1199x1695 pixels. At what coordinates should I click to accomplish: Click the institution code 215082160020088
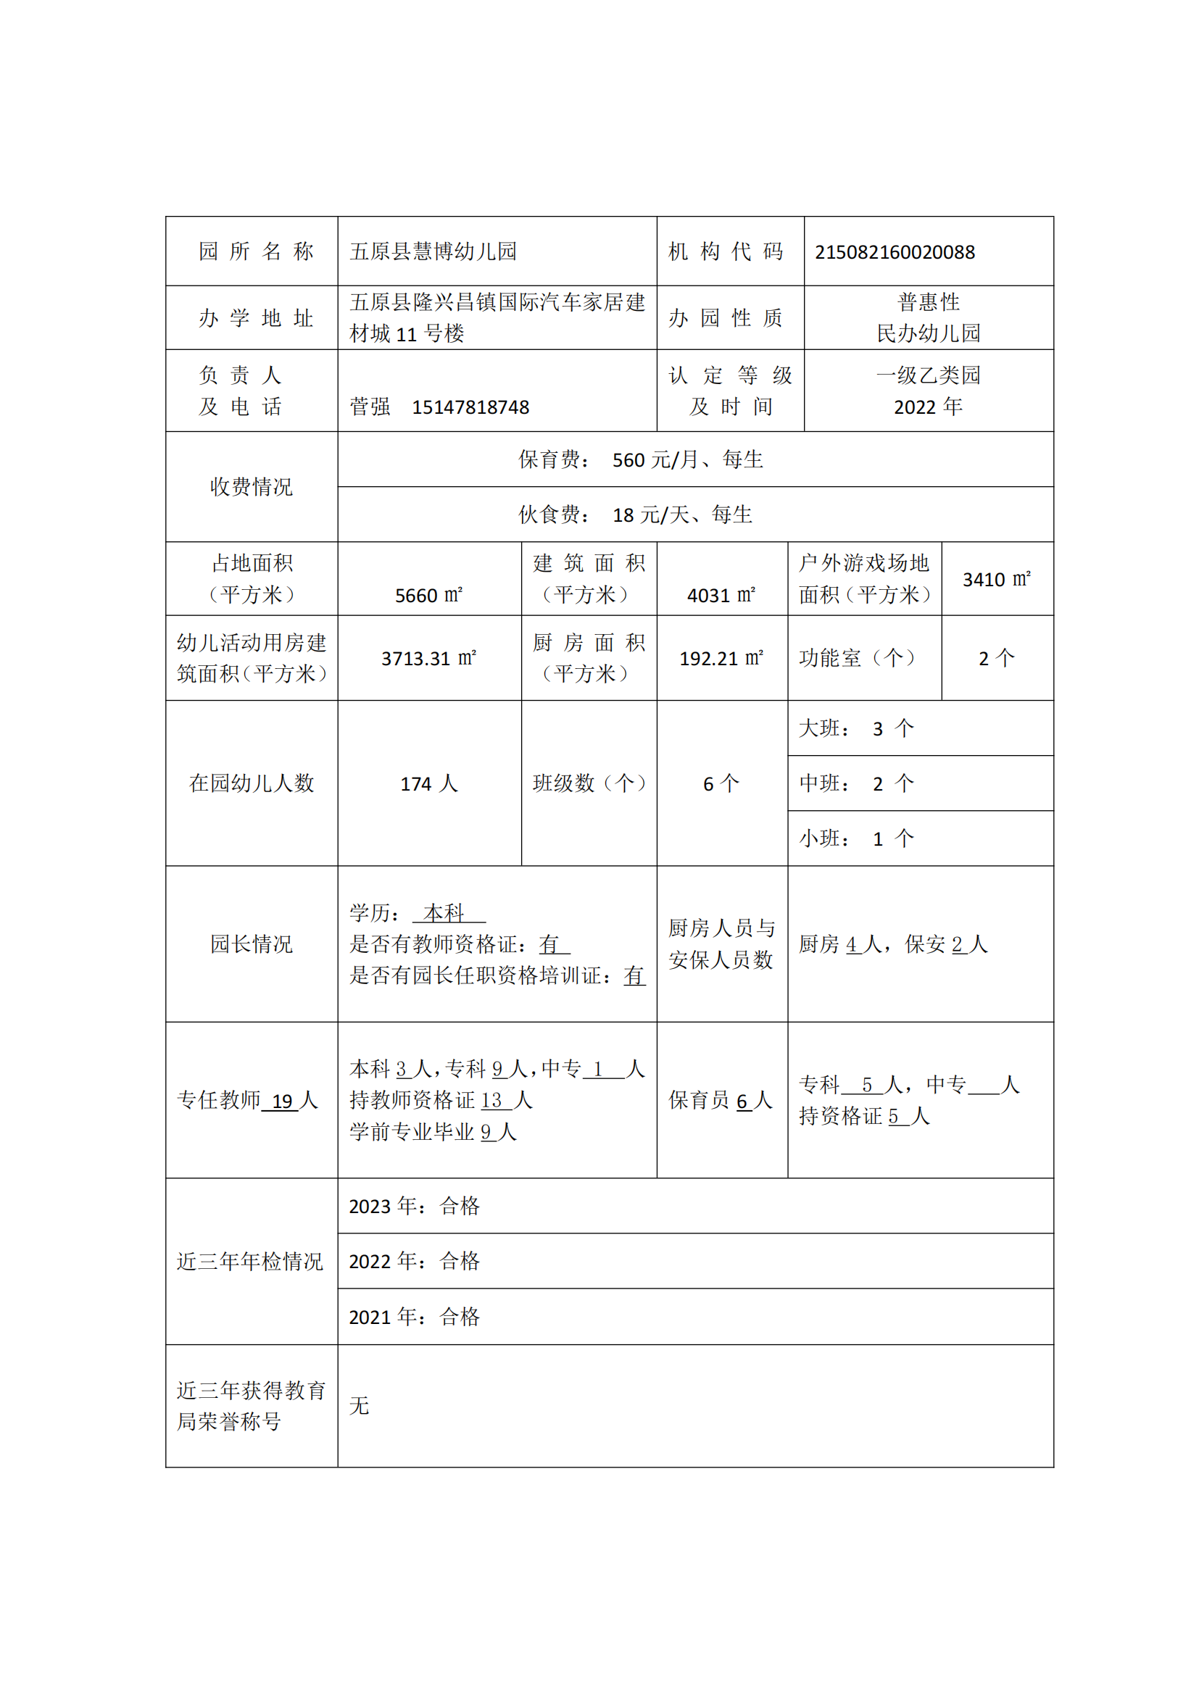pyautogui.click(x=894, y=252)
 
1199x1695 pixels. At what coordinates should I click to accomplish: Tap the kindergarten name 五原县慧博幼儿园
pyautogui.click(x=433, y=251)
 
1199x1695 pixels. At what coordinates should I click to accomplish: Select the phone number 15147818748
pyautogui.click(x=470, y=407)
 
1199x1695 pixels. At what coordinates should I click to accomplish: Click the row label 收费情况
pyautogui.click(x=251, y=487)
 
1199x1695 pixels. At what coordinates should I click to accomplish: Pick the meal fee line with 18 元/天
pyautogui.click(x=635, y=515)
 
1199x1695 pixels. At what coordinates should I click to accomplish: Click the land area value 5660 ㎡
pyautogui.click(x=428, y=595)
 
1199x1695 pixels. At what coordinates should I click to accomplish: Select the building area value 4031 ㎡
pyautogui.click(x=721, y=595)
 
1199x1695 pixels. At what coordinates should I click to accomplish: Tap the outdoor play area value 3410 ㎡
pyautogui.click(x=996, y=580)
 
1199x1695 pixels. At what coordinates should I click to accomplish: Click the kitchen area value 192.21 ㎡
pyautogui.click(x=721, y=659)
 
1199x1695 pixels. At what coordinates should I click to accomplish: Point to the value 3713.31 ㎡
pyautogui.click(x=428, y=659)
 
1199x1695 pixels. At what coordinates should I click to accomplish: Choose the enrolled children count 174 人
pyautogui.click(x=428, y=784)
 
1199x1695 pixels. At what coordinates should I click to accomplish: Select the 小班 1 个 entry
pyautogui.click(x=856, y=839)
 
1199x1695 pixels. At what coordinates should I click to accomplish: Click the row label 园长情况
pyautogui.click(x=251, y=944)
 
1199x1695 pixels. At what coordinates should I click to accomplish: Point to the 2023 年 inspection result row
pyautogui.click(x=414, y=1207)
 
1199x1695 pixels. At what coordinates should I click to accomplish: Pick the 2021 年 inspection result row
pyautogui.click(x=414, y=1317)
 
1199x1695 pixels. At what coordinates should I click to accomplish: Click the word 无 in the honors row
pyautogui.click(x=360, y=1407)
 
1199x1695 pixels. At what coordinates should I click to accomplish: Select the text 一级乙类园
pyautogui.click(x=928, y=376)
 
